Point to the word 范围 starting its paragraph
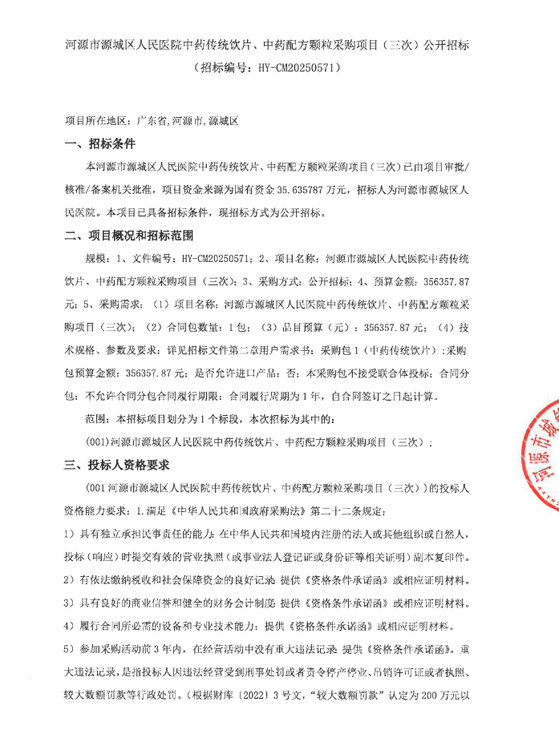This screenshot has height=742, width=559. (x=95, y=419)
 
